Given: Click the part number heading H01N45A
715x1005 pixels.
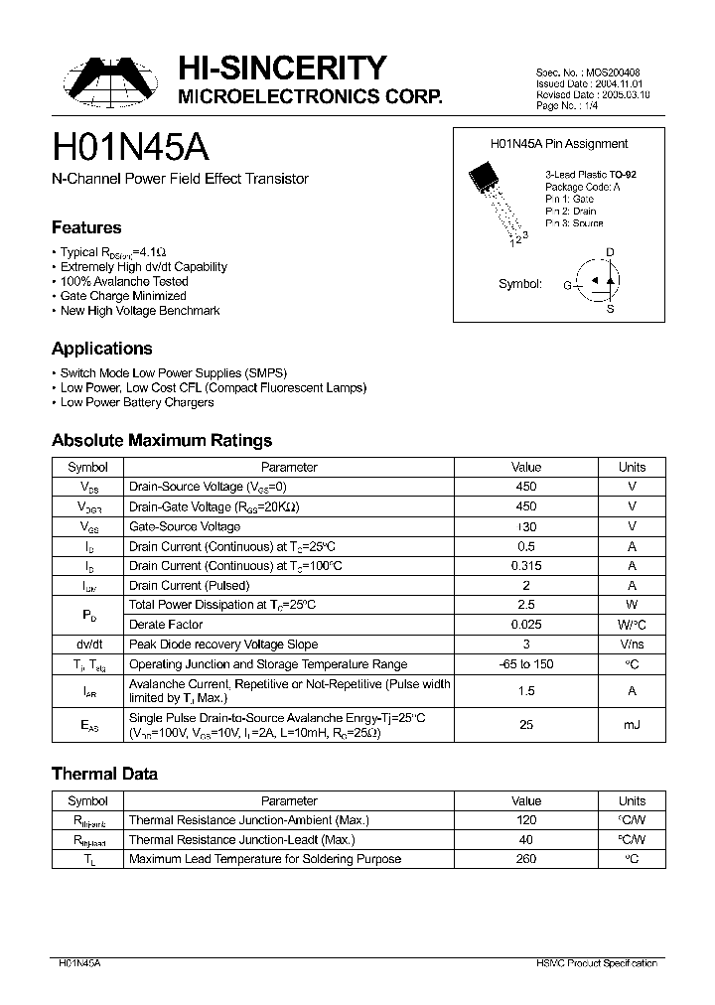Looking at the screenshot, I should pos(130,147).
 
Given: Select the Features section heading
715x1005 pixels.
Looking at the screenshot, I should pos(86,227).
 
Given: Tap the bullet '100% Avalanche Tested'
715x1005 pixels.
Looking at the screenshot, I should pos(124,281).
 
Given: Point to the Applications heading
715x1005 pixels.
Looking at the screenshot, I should pos(101,349).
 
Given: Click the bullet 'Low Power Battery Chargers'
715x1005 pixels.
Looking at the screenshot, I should pos(137,402).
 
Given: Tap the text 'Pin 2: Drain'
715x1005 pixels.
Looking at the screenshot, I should pos(570,212).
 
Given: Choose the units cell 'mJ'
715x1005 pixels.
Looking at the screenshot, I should pos(632,725).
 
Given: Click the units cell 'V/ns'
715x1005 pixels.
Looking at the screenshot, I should pos(632,645).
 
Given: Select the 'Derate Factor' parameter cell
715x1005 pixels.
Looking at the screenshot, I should pos(166,625).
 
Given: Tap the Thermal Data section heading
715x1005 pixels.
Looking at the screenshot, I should pos(104,774).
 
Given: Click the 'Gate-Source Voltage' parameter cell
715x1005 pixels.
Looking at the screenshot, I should pos(185,526).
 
